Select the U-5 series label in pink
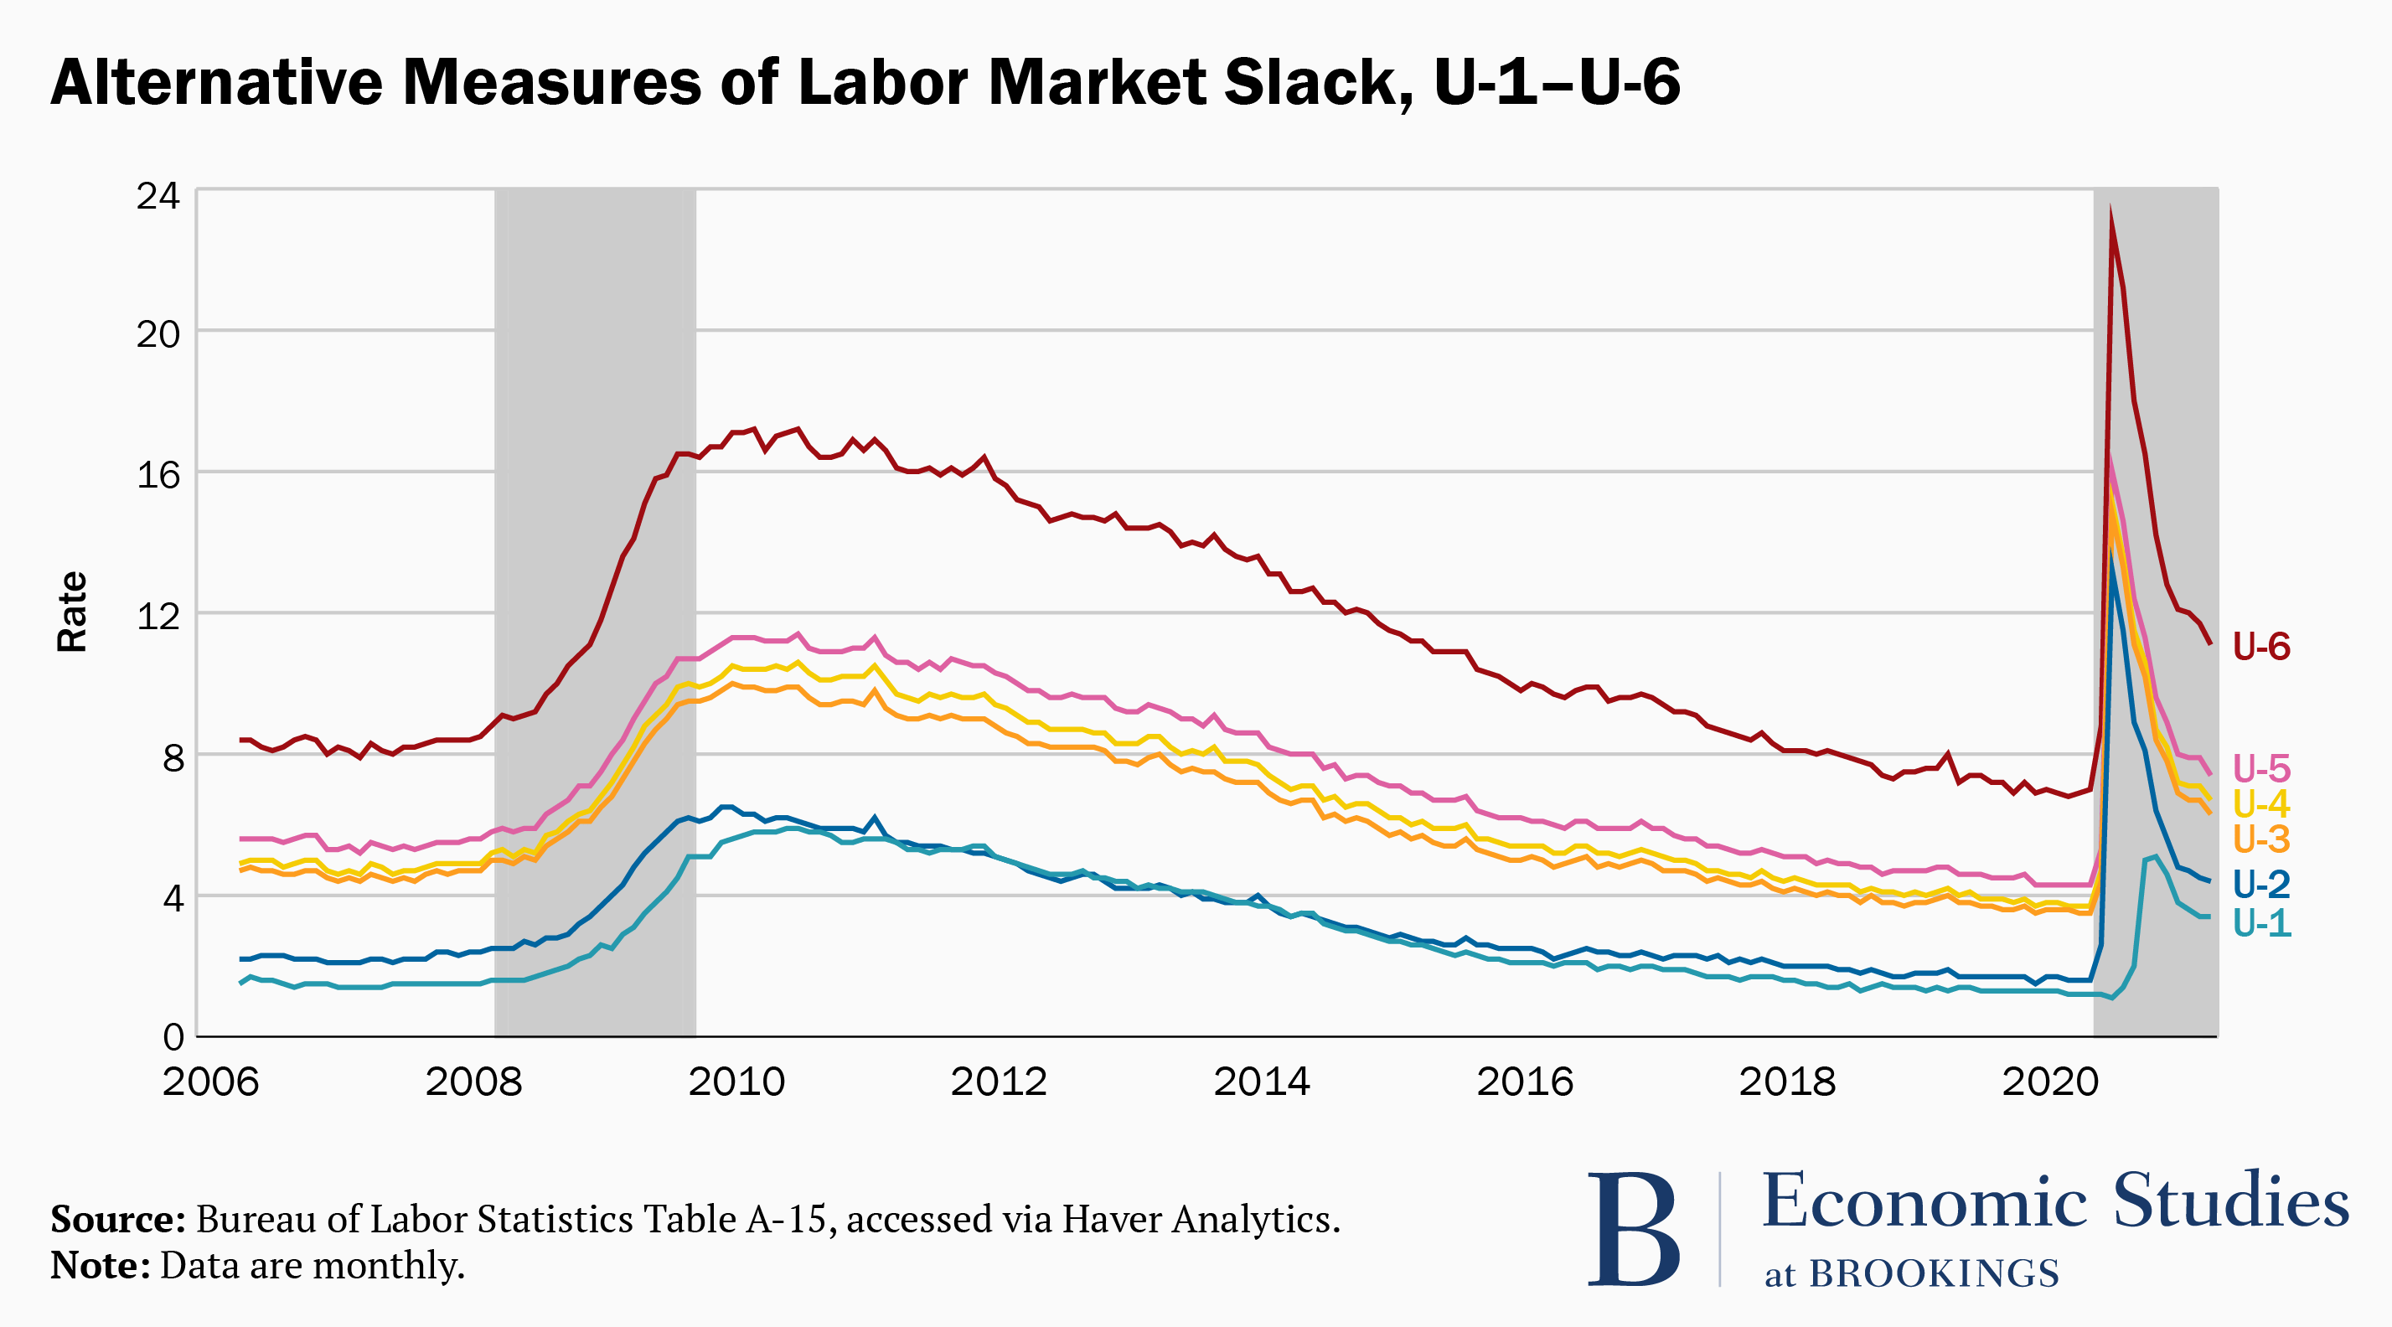[x=2261, y=769]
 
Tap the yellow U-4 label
[x=2261, y=804]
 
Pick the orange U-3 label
[x=2261, y=839]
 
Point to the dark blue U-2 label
[x=2261, y=884]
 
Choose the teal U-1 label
[x=2261, y=923]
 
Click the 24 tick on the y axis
[x=158, y=196]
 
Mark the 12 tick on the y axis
[x=158, y=616]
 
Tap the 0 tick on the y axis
[x=173, y=1037]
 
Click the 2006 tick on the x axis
[x=211, y=1082]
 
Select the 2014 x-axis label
[x=1261, y=1082]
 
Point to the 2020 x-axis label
[x=2049, y=1082]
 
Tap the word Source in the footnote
[x=118, y=1219]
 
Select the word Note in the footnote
[x=100, y=1266]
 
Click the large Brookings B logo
[x=1634, y=1229]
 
